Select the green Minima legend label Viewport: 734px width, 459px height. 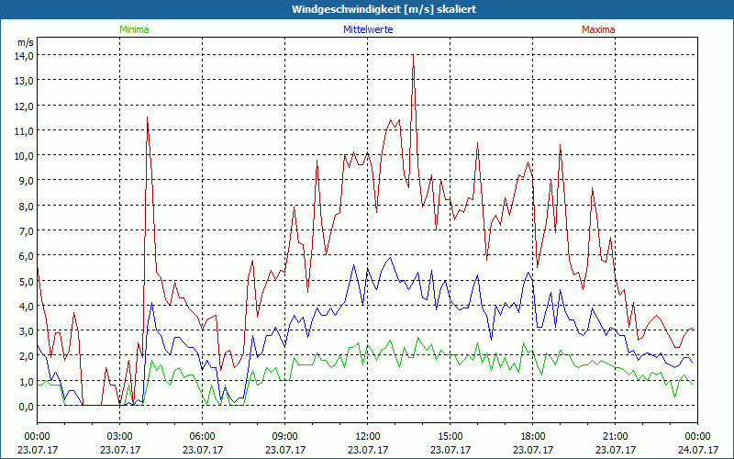(x=134, y=29)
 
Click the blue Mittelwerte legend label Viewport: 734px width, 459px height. (x=372, y=29)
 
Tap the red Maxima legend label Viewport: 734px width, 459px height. (x=598, y=29)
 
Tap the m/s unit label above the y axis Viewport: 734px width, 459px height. (x=25, y=42)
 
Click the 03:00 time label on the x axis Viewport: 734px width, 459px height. (x=120, y=436)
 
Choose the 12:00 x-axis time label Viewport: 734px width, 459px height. (x=368, y=436)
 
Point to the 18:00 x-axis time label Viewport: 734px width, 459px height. (x=533, y=436)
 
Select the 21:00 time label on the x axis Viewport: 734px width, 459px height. (x=616, y=436)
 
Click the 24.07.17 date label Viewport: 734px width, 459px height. (x=697, y=450)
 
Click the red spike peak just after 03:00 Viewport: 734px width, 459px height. (x=147, y=118)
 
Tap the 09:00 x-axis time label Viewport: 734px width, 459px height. (x=285, y=436)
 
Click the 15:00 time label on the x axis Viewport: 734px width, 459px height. (x=450, y=436)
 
